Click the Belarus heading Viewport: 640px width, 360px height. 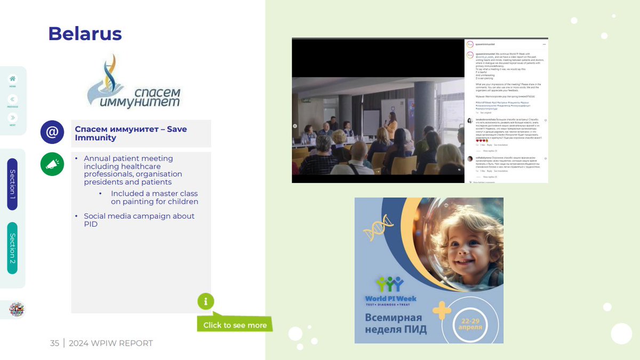pos(85,34)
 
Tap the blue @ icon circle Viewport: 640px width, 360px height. pos(52,132)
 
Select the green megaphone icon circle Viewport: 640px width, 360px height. pos(52,164)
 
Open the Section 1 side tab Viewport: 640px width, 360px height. pos(12,184)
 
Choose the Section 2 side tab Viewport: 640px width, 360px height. pos(12,248)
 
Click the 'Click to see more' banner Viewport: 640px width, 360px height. pos(235,325)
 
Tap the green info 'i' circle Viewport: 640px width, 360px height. pos(206,301)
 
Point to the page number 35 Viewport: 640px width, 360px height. pos(54,343)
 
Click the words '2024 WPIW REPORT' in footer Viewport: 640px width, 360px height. pos(110,343)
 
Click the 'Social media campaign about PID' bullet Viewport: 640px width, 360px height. pos(139,220)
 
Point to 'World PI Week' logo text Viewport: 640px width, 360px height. pos(390,299)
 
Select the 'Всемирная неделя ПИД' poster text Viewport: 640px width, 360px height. pos(396,323)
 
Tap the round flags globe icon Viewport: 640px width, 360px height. pos(17,309)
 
